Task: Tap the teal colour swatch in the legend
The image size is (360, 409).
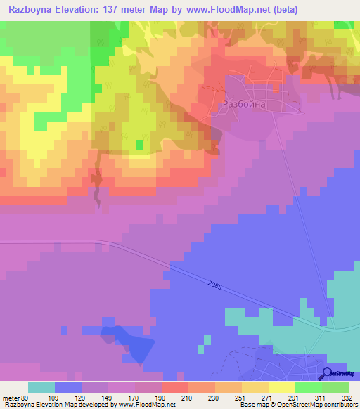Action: [x=41, y=387]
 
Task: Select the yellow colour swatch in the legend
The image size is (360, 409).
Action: [x=282, y=387]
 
